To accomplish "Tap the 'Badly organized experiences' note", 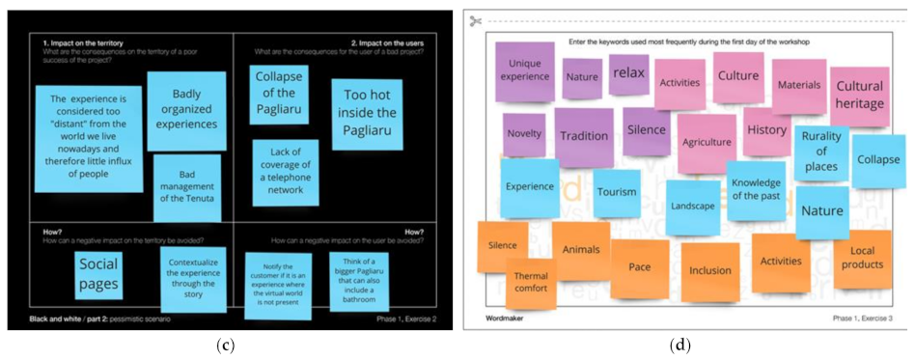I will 186,110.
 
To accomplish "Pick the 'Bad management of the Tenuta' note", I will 187,186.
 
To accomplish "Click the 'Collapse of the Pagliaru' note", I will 279,95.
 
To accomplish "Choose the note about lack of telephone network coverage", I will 286,171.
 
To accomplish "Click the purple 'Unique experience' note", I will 524,70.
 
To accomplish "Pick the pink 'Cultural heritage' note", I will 859,94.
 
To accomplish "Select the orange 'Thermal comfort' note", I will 530,281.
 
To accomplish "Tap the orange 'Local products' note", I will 862,258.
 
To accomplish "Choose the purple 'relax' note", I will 628,73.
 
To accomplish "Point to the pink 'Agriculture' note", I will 707,142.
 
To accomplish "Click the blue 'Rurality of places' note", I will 820,152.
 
